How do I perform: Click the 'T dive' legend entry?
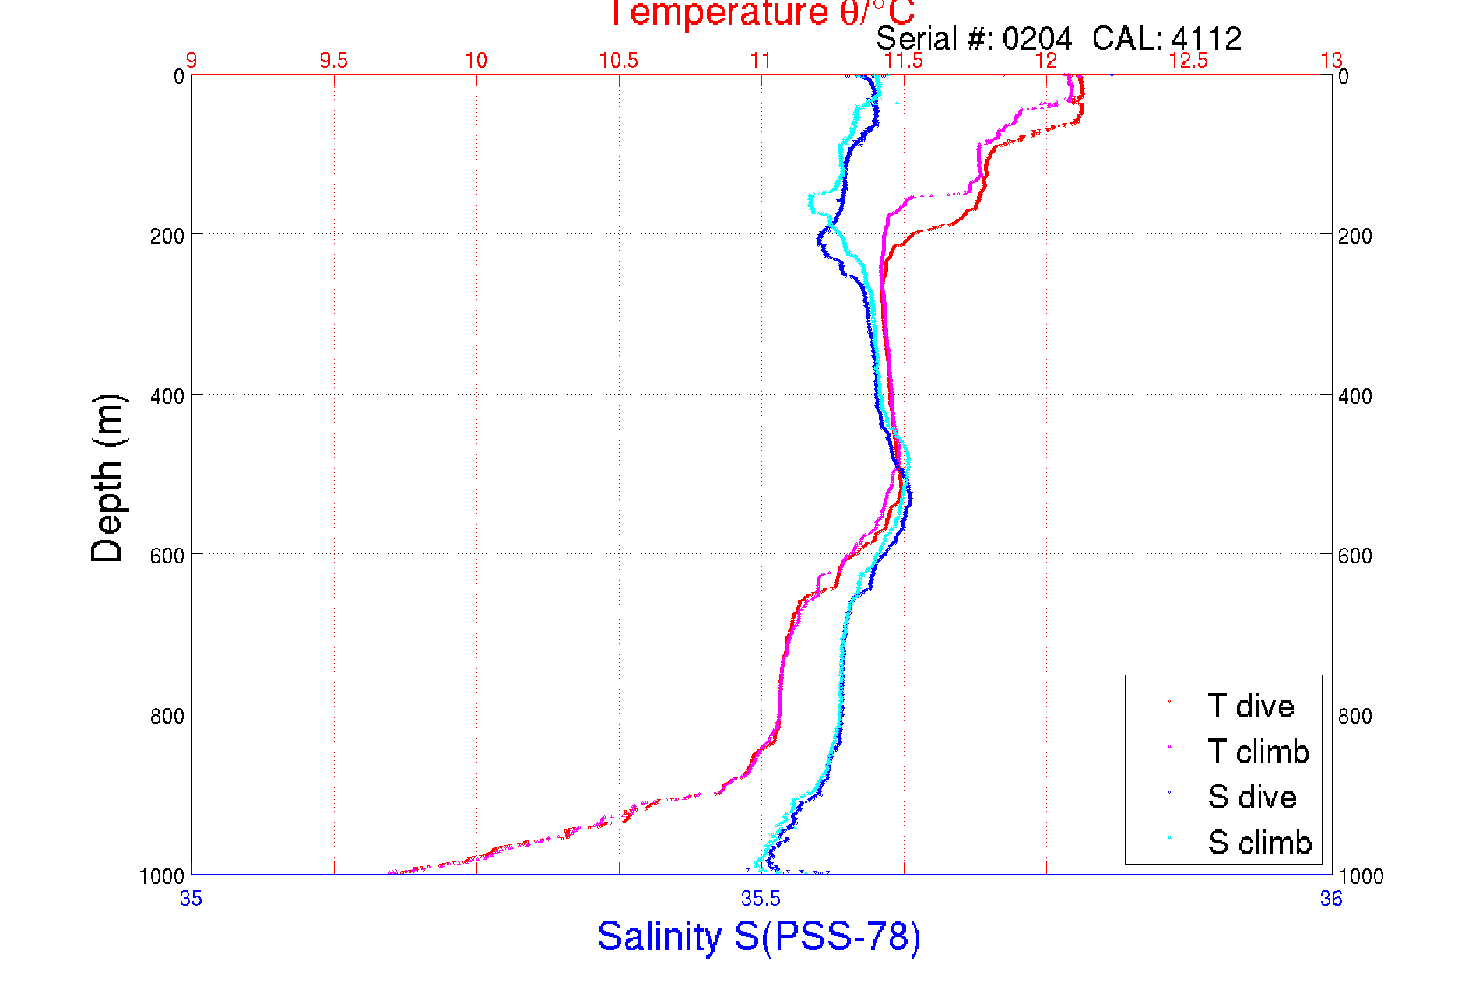pyautogui.click(x=1250, y=706)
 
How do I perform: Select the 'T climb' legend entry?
pyautogui.click(x=1258, y=752)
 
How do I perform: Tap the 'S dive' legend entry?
pyautogui.click(x=1252, y=797)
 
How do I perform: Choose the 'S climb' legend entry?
pyautogui.click(x=1259, y=843)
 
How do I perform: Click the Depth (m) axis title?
pyautogui.click(x=107, y=478)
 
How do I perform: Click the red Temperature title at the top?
pyautogui.click(x=761, y=13)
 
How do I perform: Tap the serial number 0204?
pyautogui.click(x=1037, y=38)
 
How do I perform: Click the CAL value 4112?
pyautogui.click(x=1206, y=38)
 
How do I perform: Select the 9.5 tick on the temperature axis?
pyautogui.click(x=334, y=61)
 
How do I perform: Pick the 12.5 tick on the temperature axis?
pyautogui.click(x=1189, y=61)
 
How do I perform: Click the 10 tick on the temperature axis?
pyautogui.click(x=476, y=61)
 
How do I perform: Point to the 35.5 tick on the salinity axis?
pyautogui.click(x=761, y=899)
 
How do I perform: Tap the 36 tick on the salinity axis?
pyautogui.click(x=1331, y=899)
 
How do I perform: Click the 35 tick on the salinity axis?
pyautogui.click(x=191, y=899)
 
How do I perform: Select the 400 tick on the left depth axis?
pyautogui.click(x=167, y=396)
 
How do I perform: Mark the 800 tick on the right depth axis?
pyautogui.click(x=1354, y=716)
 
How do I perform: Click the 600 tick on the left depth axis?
pyautogui.click(x=167, y=556)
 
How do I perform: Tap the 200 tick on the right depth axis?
pyautogui.click(x=1354, y=236)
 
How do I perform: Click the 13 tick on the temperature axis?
pyautogui.click(x=1331, y=61)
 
